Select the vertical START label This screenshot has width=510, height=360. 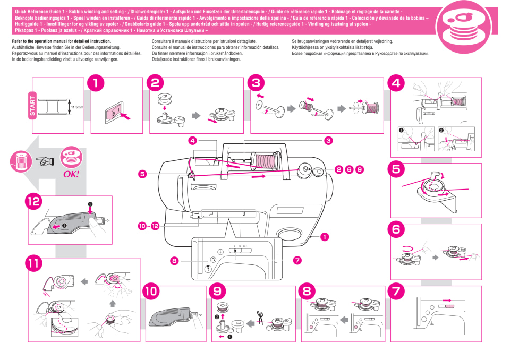click(33, 105)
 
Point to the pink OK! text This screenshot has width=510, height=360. click(71, 173)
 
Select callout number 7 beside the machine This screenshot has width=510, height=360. click(296, 260)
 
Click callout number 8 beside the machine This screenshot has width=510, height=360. click(174, 260)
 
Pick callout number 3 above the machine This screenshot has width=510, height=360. click(328, 141)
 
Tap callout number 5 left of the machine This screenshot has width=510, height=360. click(142, 173)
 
